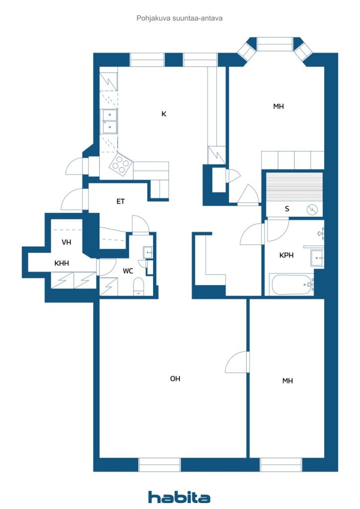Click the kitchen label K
coord(164,114)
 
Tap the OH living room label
coord(175,378)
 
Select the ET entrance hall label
coord(120,202)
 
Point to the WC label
coord(128,271)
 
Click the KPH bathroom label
coord(286,255)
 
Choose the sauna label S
coord(287,209)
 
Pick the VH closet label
coord(66,242)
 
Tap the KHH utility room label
coord(62,263)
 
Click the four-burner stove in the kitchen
coord(121,164)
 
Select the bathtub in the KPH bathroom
coord(291,285)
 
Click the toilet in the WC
coord(139,286)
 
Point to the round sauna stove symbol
coord(312,210)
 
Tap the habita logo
coord(179,497)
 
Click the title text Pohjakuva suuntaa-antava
coord(180,18)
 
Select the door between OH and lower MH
coord(238,362)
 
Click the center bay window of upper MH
coord(275,44)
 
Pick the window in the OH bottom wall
coord(160,465)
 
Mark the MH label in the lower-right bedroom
coord(287,381)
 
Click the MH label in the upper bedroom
coord(278,106)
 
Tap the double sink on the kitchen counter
coord(110,121)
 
